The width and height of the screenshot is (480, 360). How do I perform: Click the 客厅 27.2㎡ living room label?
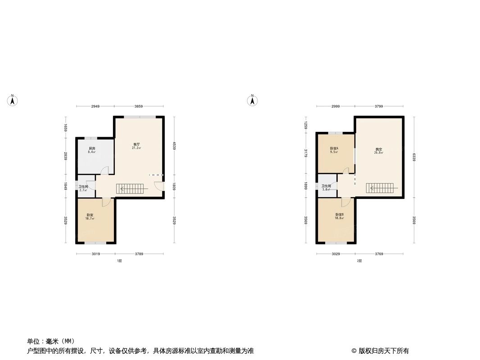tap(136, 146)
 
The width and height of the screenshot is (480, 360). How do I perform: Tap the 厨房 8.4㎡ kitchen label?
tap(92, 150)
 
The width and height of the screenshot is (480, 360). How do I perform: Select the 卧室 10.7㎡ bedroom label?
tap(90, 216)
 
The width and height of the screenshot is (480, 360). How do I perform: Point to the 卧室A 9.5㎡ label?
tap(334, 150)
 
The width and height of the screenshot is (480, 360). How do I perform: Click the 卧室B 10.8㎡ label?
tap(339, 216)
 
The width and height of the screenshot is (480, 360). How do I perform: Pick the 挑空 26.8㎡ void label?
tap(379, 150)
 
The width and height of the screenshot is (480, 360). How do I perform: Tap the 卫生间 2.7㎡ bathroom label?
tap(83, 188)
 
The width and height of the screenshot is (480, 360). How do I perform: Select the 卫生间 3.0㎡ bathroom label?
tap(326, 187)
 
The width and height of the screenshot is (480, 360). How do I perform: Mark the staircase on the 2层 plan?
tap(383, 188)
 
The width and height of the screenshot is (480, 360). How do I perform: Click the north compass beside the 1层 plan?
tap(13, 100)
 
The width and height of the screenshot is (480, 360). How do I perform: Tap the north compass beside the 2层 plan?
tap(253, 100)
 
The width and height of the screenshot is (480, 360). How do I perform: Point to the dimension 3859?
tap(139, 107)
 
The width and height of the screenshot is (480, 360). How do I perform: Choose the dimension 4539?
tap(174, 146)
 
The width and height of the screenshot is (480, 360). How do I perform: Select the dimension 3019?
tap(95, 254)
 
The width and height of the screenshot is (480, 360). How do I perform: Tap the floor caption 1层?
tap(119, 261)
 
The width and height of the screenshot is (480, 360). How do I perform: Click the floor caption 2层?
tap(359, 261)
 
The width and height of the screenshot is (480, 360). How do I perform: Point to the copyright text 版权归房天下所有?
tap(380, 351)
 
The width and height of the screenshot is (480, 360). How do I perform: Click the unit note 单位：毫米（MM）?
tap(50, 341)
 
